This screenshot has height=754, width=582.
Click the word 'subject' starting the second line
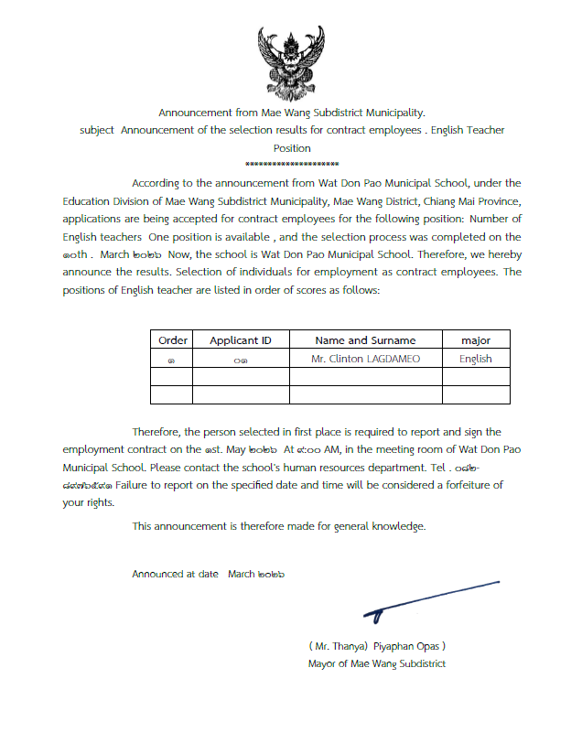point(97,130)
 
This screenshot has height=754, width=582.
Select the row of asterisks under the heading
point(292,162)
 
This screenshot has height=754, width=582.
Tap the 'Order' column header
point(172,340)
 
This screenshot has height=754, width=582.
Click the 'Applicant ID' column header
point(241,340)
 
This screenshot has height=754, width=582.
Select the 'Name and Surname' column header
point(365,340)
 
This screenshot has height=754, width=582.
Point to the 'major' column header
point(476,340)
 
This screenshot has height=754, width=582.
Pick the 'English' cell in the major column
point(476,359)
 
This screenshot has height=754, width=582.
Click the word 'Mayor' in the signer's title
point(323,663)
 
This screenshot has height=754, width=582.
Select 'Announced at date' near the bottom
point(175,574)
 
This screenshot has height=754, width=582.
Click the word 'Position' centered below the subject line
point(292,147)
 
